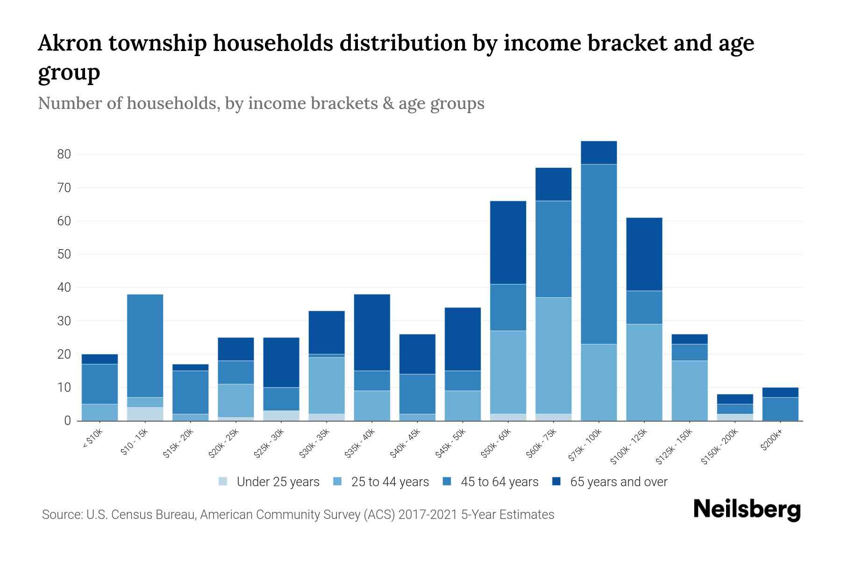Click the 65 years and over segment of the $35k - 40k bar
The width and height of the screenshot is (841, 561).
point(372,332)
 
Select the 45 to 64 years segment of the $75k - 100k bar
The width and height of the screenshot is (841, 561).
point(599,254)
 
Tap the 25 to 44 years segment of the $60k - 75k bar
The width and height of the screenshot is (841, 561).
point(553,355)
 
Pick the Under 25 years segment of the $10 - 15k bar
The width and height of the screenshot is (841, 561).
point(145,414)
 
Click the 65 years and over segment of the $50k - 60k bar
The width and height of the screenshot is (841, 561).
point(508,242)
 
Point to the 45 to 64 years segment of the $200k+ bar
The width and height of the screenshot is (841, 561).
point(780,409)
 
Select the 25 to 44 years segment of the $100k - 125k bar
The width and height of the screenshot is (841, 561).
point(644,372)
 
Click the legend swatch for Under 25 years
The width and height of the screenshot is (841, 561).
point(223,481)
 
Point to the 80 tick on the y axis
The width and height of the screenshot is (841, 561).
point(64,154)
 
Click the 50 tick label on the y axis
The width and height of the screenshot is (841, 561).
point(64,254)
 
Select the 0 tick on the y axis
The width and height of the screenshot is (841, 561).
point(68,421)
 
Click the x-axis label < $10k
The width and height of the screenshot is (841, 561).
point(92,439)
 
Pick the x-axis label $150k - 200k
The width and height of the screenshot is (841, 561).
point(719,447)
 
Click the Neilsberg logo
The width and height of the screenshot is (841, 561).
point(747,510)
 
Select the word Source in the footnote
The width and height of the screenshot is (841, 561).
point(61,515)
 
